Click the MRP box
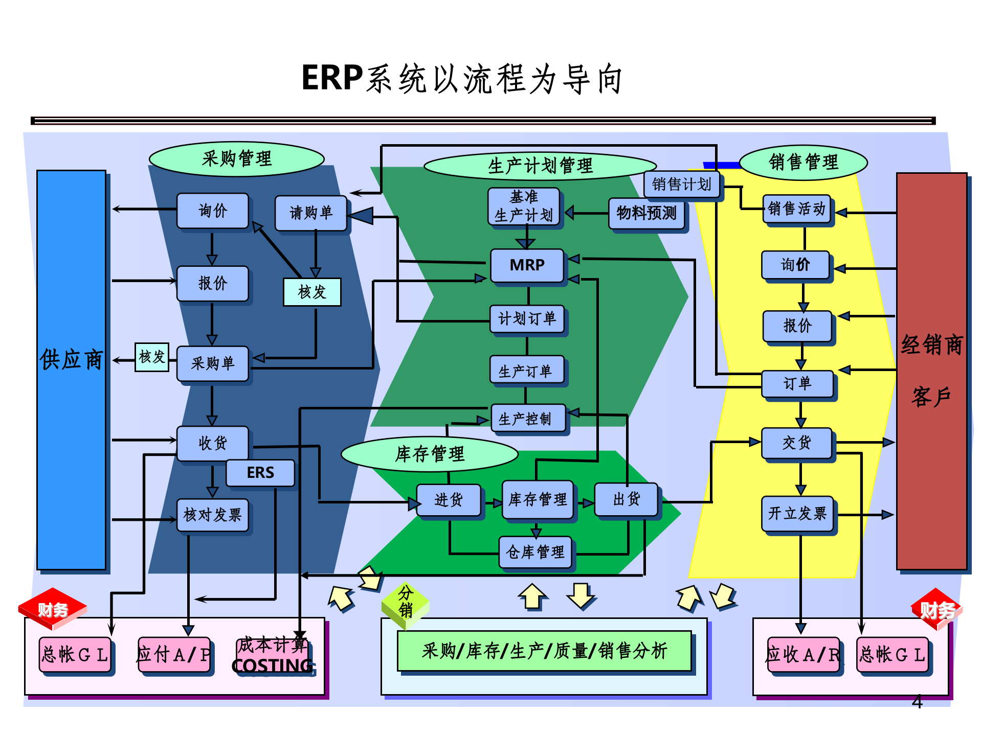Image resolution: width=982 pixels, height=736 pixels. point(527,265)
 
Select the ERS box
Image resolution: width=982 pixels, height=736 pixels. point(260,472)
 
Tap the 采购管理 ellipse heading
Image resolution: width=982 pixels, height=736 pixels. point(236,158)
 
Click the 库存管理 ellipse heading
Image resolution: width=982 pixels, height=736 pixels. point(430,453)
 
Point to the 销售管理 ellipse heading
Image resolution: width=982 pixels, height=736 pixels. point(803,163)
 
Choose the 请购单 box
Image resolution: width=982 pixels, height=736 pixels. point(311,213)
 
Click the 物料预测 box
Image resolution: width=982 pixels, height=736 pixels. point(646,213)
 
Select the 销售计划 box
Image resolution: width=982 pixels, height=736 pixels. point(681,184)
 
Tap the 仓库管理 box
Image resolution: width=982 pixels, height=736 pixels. point(535,551)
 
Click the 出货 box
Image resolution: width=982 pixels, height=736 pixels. point(626,499)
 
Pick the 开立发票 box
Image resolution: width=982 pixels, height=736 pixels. point(797,513)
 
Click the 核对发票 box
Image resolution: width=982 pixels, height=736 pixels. point(212,515)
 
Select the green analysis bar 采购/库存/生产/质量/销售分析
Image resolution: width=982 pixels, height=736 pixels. point(544,651)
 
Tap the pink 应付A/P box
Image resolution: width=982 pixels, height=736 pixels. point(174,655)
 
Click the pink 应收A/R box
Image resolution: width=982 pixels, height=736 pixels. point(803,655)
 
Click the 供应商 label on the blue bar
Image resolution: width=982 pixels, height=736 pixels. point(71,359)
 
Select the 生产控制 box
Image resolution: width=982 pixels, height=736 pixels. point(528,419)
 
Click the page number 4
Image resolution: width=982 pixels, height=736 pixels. point(917,702)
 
